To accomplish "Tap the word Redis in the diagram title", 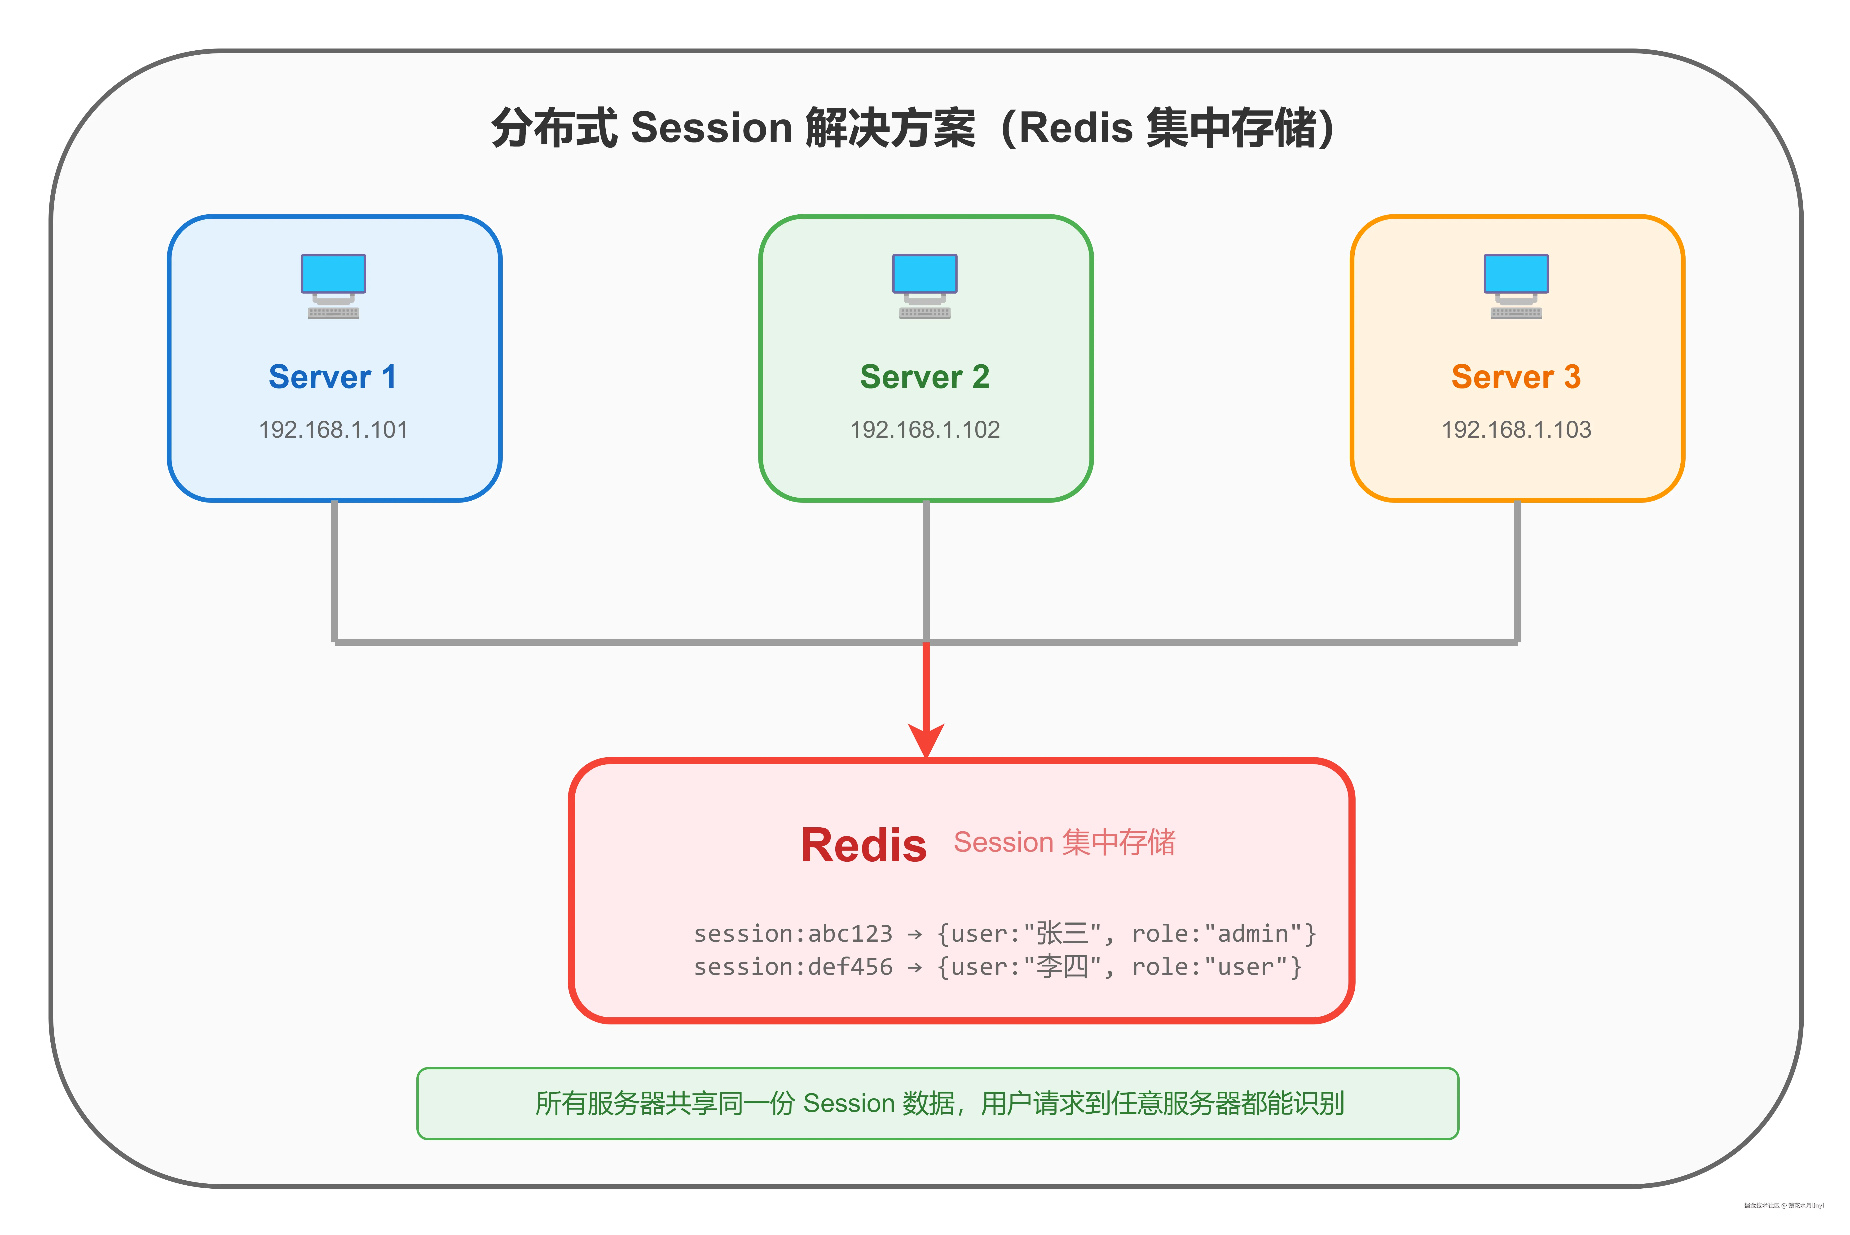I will (x=1075, y=128).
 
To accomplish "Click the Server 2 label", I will (x=925, y=377).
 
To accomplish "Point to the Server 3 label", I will (x=1516, y=377).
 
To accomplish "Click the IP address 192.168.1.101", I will (x=333, y=430).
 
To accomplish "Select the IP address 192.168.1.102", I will (x=925, y=430).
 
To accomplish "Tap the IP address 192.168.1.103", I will (x=1516, y=430).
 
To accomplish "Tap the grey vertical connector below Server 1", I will (x=335, y=571).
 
